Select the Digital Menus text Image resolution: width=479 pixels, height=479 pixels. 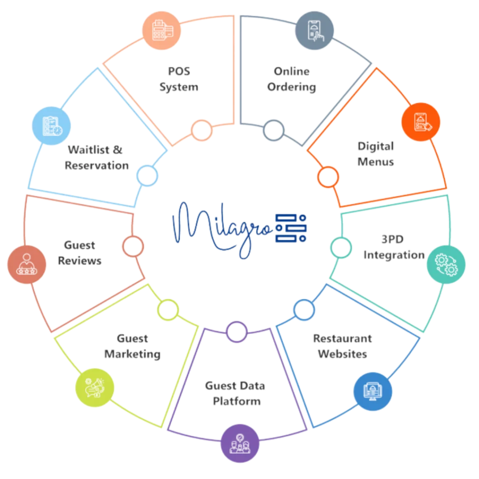click(376, 154)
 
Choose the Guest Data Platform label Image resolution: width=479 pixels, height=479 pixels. click(235, 393)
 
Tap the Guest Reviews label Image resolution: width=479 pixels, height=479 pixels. click(80, 253)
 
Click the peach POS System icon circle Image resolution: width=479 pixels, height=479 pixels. click(160, 30)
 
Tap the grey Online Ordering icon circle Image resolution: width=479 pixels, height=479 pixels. click(315, 29)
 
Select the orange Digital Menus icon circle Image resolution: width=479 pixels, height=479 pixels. click(421, 122)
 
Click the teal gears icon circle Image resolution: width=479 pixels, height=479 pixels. click(446, 263)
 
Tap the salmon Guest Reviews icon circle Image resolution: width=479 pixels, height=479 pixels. click(27, 264)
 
